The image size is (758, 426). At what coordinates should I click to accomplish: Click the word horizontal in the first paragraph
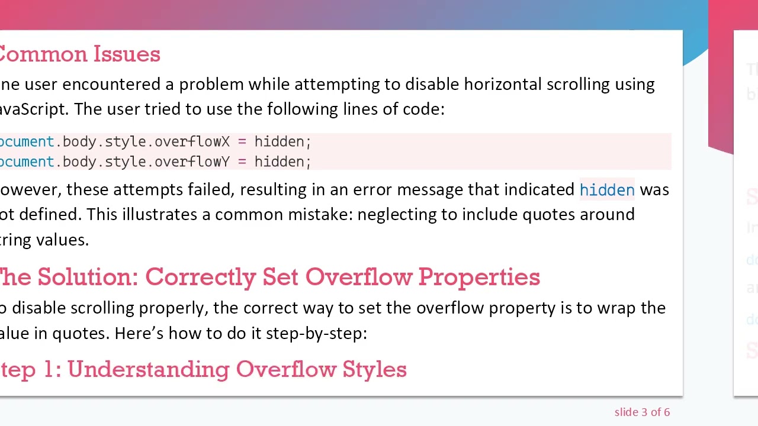[x=502, y=84]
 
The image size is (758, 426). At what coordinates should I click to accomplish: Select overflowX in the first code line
[x=192, y=142]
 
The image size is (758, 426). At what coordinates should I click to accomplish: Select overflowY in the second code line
[x=192, y=162]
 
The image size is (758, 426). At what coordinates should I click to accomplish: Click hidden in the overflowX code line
[x=279, y=142]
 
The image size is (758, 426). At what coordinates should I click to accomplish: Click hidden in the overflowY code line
[x=279, y=162]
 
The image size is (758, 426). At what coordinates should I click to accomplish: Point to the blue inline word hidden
[x=607, y=190]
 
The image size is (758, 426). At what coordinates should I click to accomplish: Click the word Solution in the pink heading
[x=88, y=277]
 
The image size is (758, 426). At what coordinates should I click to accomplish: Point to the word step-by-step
[x=316, y=333]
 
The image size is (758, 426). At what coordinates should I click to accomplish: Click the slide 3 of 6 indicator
[x=642, y=412]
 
